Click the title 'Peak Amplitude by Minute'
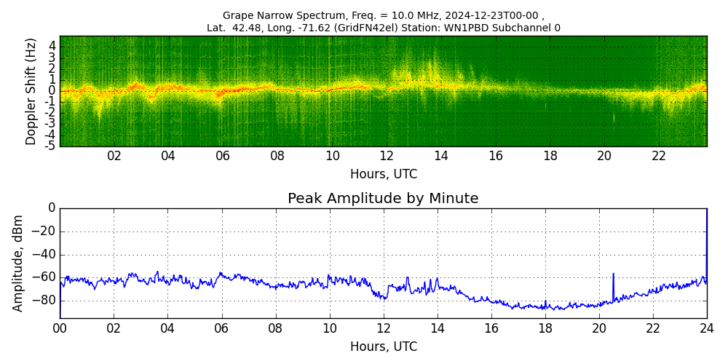383,199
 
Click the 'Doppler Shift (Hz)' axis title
31,91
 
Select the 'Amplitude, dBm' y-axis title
18,263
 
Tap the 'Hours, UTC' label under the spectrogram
383,175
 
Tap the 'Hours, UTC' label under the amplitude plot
383,347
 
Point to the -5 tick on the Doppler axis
51,146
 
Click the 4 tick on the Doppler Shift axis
52,46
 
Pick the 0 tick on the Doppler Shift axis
52,91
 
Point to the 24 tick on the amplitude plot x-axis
706,328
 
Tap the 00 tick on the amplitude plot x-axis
60,328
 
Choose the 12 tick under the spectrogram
387,156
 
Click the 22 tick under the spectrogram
659,156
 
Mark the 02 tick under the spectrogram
114,156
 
